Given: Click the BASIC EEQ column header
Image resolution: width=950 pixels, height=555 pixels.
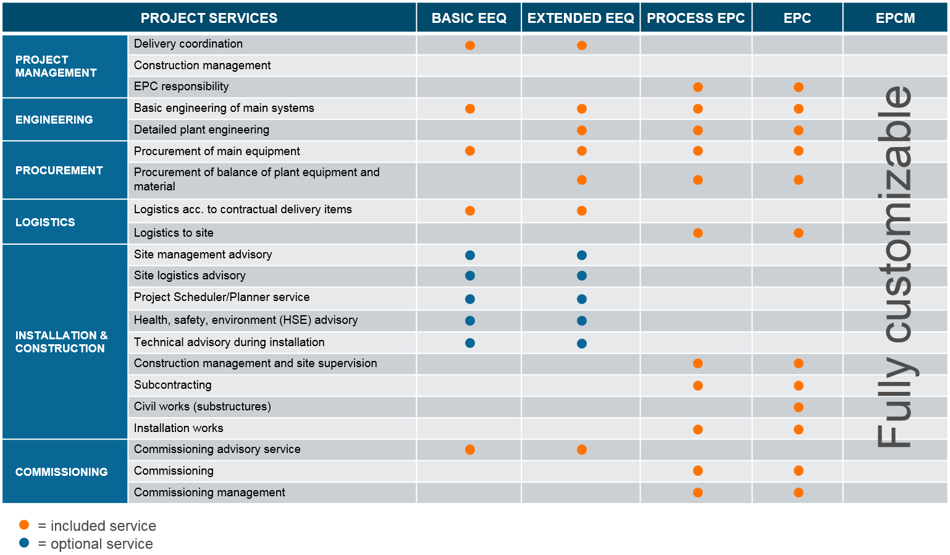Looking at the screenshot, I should [469, 18].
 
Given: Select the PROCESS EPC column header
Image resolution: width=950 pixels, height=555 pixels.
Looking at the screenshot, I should [696, 18].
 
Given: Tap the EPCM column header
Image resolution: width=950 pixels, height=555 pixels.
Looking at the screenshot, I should [895, 18].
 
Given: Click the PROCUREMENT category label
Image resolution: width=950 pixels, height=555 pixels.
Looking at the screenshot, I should [59, 170].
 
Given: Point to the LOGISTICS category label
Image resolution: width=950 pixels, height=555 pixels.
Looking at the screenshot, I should [45, 222].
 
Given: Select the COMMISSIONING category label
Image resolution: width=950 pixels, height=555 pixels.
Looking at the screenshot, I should [62, 472].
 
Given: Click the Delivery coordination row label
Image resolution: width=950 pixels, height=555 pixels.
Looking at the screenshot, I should [188, 44].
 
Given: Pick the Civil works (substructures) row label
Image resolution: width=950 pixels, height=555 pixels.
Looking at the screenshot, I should [203, 406].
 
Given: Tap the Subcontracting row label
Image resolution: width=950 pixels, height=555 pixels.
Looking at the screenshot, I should [173, 384].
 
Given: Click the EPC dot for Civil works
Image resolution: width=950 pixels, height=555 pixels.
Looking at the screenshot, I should [799, 407].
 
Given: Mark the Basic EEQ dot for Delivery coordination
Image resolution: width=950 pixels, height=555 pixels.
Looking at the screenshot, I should [470, 45].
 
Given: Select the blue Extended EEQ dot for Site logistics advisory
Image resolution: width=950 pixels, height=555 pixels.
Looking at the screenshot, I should [582, 276].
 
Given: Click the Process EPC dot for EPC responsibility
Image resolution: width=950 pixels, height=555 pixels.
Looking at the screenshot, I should [698, 87].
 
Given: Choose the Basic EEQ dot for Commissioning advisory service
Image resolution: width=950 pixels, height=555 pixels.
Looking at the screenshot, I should [470, 449].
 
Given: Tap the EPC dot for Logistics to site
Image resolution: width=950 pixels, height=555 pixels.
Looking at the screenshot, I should [799, 233].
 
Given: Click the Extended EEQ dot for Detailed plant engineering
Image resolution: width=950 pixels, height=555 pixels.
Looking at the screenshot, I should [582, 130].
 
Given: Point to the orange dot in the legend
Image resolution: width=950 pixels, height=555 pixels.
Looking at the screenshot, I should [24, 525].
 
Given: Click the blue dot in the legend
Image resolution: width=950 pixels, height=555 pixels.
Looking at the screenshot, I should [24, 543].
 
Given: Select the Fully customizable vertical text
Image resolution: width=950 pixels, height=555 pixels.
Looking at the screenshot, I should [895, 266].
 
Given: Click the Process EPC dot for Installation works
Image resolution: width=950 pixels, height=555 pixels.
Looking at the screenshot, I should [698, 430].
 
